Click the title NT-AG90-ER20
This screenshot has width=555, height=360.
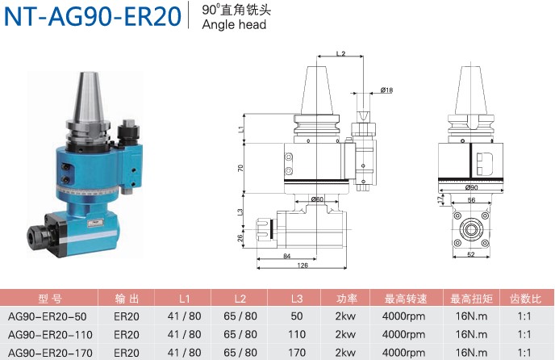pos(93,16)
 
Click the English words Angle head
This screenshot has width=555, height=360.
pos(234,24)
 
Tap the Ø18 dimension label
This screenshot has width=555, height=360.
pos(386,90)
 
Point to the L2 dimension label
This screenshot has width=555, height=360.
pos(340,53)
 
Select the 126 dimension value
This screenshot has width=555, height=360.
pos(303,265)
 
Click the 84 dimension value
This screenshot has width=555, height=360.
pos(287,256)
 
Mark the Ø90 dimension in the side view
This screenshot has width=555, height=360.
pos(471,187)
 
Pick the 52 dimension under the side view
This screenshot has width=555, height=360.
pos(471,254)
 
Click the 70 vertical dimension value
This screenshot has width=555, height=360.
pos(240,168)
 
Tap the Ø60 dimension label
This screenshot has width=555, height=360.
pos(317,199)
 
